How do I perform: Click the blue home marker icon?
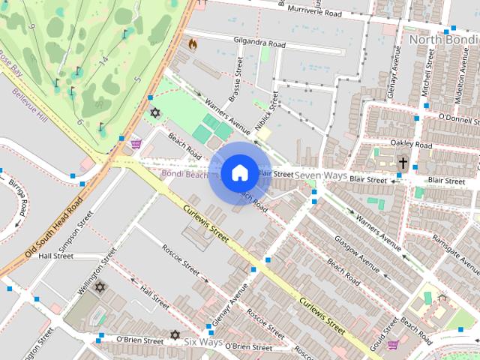239,172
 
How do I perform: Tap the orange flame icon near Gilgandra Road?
193,44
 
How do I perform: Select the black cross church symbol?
403,162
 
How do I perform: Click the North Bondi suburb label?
443,38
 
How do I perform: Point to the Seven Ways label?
320,175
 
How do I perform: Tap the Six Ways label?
204,342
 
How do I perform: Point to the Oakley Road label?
412,143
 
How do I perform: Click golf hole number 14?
103,60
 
